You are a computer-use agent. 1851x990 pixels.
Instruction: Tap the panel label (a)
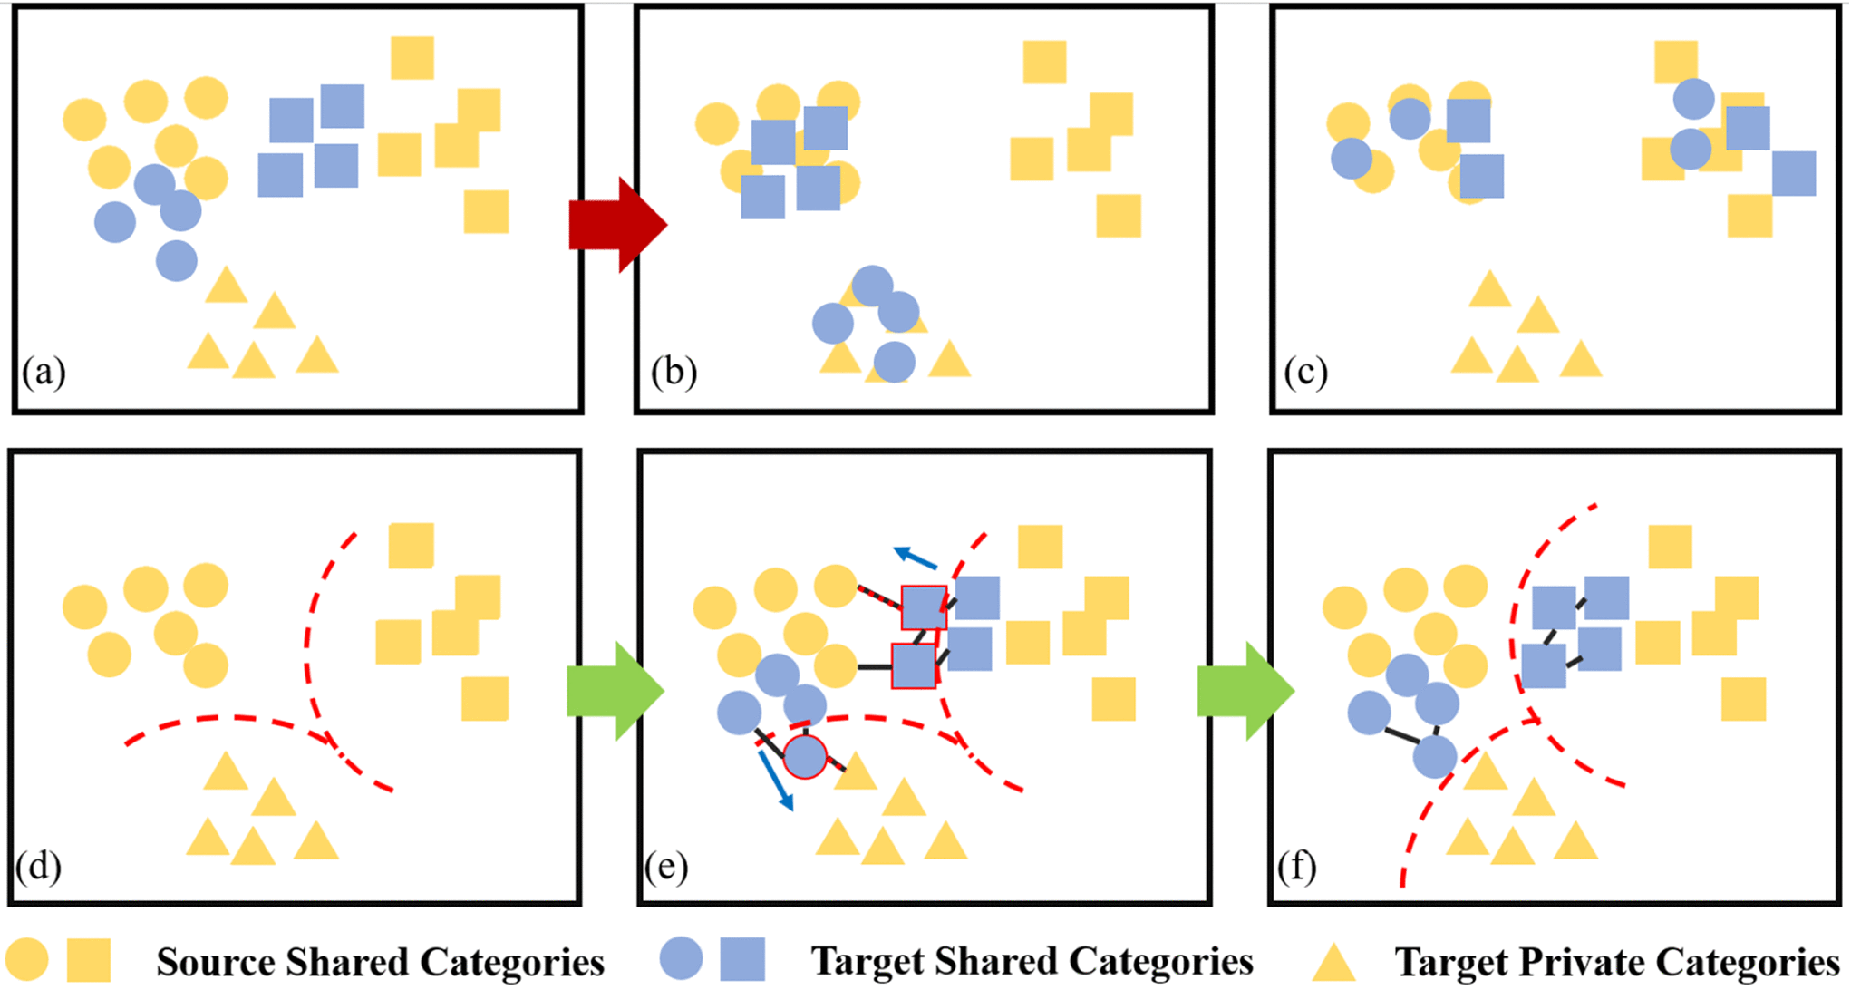[44, 372]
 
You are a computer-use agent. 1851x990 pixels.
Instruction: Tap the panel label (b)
[674, 372]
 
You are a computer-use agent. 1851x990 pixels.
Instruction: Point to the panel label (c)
[1305, 372]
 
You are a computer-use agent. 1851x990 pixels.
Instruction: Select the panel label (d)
[38, 867]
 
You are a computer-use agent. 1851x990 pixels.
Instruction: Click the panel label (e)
[666, 867]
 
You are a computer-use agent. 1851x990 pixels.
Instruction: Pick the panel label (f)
[1296, 867]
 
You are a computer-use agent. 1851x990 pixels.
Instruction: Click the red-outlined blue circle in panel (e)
[805, 756]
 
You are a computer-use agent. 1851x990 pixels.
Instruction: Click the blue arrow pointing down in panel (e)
[777, 781]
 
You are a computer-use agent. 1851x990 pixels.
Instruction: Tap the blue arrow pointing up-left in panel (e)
[915, 558]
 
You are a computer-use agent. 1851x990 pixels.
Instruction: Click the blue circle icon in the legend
[681, 959]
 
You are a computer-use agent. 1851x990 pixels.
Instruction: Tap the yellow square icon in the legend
[89, 960]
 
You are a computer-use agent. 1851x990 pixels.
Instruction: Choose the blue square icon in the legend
[742, 959]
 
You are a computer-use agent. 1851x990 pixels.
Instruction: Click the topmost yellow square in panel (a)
[412, 58]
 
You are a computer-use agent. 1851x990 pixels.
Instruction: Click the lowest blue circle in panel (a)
[177, 261]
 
